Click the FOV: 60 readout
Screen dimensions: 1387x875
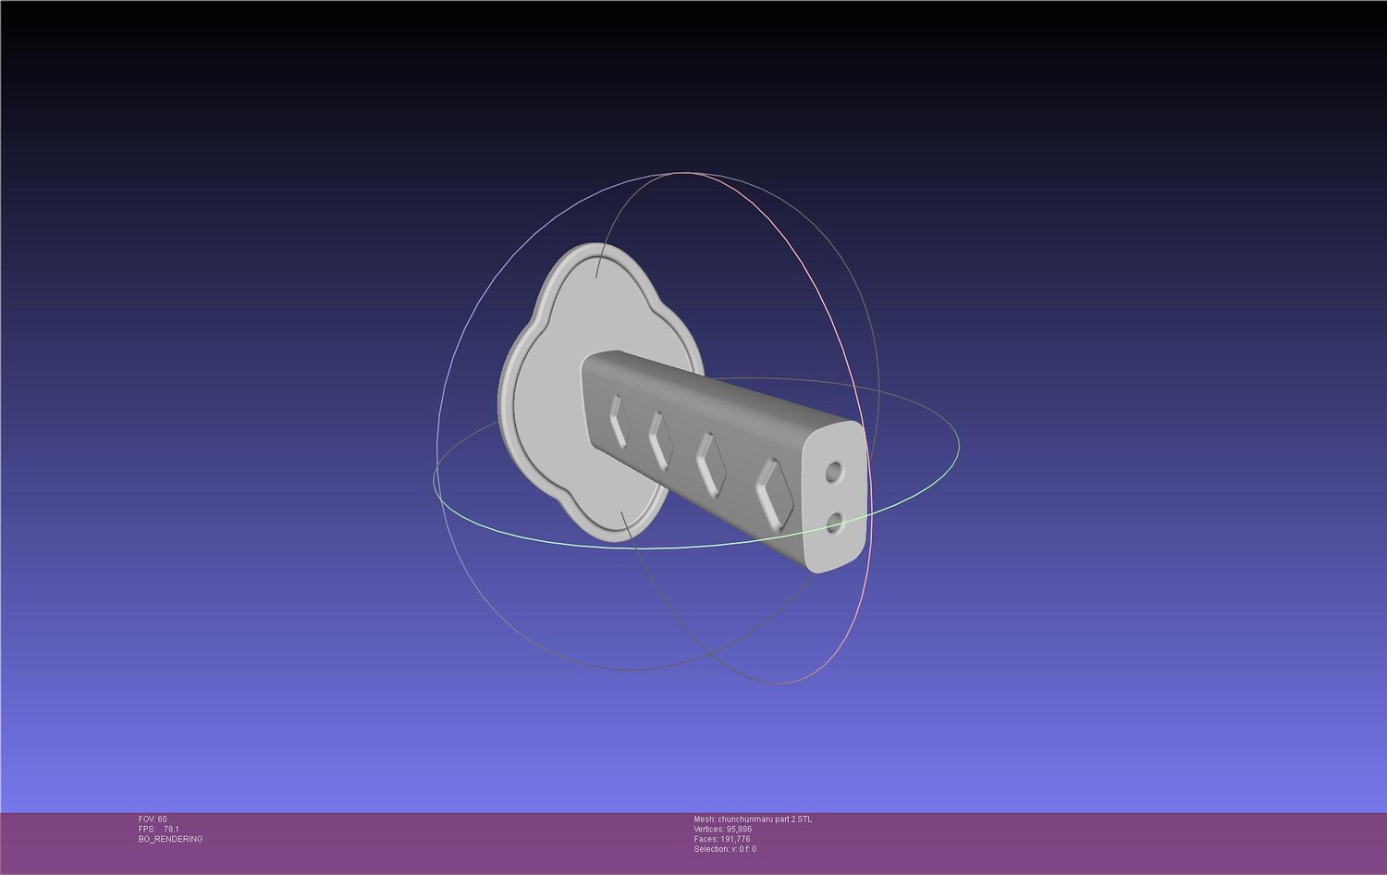pyautogui.click(x=153, y=820)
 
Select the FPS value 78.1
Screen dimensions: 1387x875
pyautogui.click(x=171, y=829)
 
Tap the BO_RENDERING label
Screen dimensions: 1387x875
pyautogui.click(x=170, y=839)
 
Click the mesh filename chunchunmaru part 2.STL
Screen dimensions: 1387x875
pyautogui.click(x=765, y=820)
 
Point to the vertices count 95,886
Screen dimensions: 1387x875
pyautogui.click(x=740, y=829)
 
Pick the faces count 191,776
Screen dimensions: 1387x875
pyautogui.click(x=735, y=839)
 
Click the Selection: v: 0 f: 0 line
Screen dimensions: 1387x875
pyautogui.click(x=725, y=849)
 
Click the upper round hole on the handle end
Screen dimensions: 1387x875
pyautogui.click(x=834, y=473)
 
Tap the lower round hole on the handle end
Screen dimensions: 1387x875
pyautogui.click(x=835, y=524)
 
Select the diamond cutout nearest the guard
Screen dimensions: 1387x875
pyautogui.click(x=618, y=422)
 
